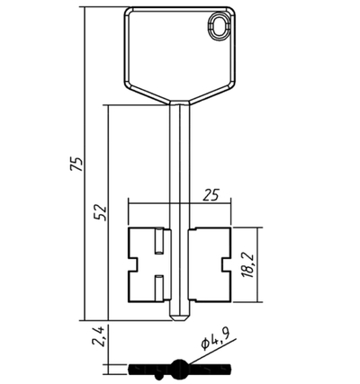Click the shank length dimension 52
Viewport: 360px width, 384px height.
point(100,212)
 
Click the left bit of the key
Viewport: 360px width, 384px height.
point(148,264)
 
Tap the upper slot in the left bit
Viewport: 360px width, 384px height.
point(159,241)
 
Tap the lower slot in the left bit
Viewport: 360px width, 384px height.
point(159,288)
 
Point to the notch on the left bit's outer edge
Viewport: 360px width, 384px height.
point(133,264)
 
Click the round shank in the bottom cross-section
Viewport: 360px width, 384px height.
point(180,367)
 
